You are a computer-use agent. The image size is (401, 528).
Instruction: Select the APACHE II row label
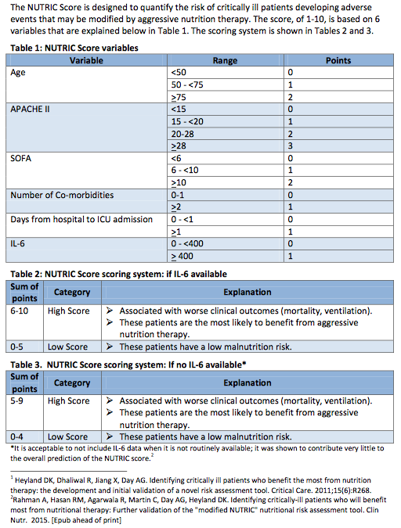[31, 109]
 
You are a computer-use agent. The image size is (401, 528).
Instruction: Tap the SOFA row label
[22, 157]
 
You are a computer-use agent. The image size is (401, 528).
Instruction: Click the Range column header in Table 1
[226, 60]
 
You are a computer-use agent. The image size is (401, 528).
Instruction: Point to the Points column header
[338, 60]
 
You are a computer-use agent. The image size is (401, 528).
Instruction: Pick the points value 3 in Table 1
[290, 145]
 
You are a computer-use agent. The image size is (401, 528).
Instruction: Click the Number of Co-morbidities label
[62, 194]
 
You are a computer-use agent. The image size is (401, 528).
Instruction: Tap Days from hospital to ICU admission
[81, 219]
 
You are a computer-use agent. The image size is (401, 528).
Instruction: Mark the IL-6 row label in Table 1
[20, 243]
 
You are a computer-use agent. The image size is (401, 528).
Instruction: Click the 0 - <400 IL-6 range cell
[188, 243]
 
